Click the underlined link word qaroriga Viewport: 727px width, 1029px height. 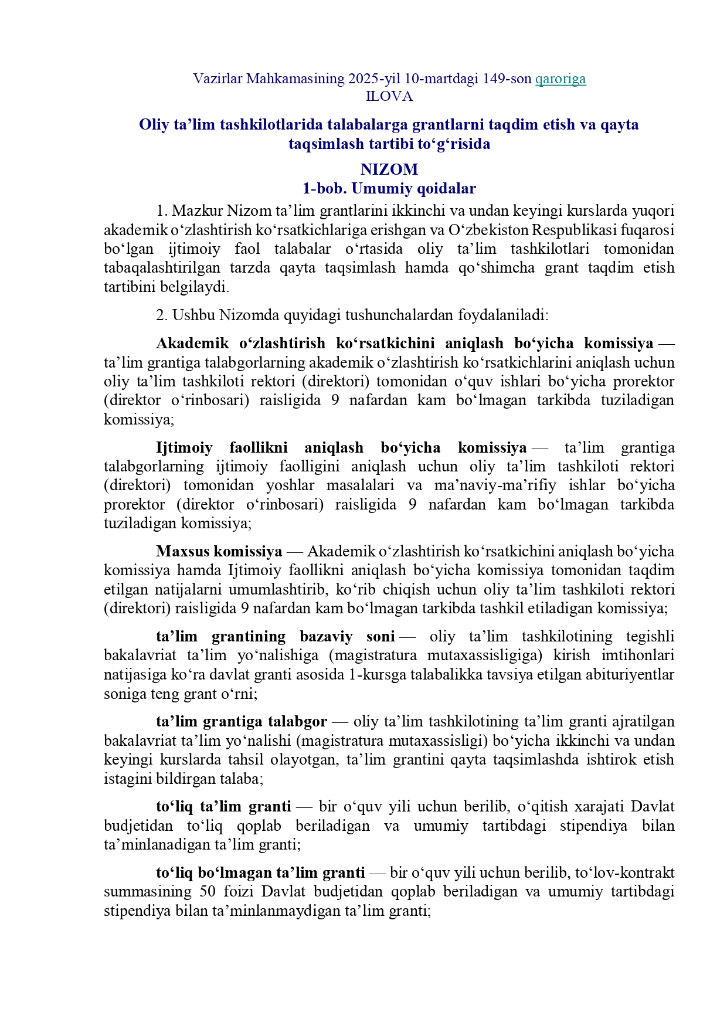[560, 79]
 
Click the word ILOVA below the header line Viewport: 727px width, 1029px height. [389, 97]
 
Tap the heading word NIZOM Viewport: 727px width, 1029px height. [389, 169]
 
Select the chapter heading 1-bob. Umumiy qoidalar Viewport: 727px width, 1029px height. [389, 188]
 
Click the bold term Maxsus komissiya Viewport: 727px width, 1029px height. [219, 552]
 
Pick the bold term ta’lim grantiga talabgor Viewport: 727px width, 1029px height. [242, 722]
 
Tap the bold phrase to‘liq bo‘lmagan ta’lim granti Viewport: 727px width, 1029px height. [260, 873]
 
